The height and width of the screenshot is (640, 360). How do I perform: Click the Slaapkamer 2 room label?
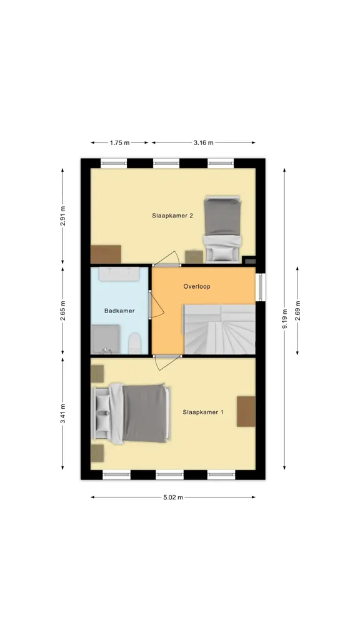(x=172, y=216)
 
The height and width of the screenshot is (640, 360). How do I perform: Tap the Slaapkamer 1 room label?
(x=203, y=412)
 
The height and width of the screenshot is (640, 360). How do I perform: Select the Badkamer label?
(x=119, y=311)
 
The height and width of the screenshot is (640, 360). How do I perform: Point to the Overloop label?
(x=197, y=286)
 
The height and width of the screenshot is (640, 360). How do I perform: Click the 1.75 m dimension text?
(x=119, y=143)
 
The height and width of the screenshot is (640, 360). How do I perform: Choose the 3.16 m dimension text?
(x=203, y=143)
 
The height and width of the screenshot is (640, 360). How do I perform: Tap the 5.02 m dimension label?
(x=173, y=497)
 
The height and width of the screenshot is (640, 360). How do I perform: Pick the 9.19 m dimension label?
(x=285, y=318)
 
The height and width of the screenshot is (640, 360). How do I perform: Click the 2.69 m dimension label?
(x=297, y=311)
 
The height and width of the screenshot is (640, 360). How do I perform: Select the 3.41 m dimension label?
(x=63, y=414)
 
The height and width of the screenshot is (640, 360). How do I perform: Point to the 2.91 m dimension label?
(x=63, y=216)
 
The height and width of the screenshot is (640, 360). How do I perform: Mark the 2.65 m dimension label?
(x=63, y=311)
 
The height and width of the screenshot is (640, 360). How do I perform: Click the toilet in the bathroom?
(x=135, y=343)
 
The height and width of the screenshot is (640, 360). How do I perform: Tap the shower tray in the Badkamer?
(x=105, y=339)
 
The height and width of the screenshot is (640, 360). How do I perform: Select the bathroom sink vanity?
(x=119, y=274)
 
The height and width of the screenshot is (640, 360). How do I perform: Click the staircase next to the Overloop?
(x=219, y=329)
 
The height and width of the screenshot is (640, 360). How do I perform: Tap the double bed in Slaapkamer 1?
(x=131, y=413)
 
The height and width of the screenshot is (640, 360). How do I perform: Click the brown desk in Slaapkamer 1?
(x=246, y=411)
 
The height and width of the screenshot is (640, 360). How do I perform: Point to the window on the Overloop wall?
(x=260, y=287)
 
